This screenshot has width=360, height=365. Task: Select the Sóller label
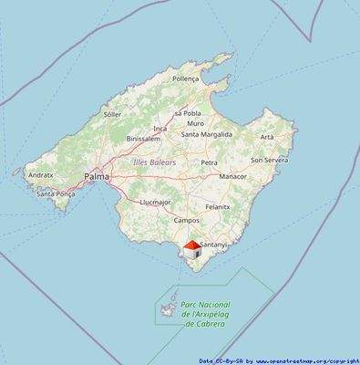[x=112, y=114]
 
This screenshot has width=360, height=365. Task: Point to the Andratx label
[x=41, y=173]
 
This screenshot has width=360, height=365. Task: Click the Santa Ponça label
[x=55, y=193]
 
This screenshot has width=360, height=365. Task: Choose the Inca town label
[x=160, y=129]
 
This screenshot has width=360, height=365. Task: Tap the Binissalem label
[x=143, y=139]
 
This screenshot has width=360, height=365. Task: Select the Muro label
[x=195, y=123]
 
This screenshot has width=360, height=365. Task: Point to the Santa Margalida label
[x=207, y=134]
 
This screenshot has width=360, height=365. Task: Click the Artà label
[x=267, y=136]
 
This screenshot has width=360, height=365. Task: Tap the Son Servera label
[x=269, y=159]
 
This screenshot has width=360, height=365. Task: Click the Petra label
[x=209, y=162]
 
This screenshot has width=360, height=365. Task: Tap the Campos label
[x=186, y=220]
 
